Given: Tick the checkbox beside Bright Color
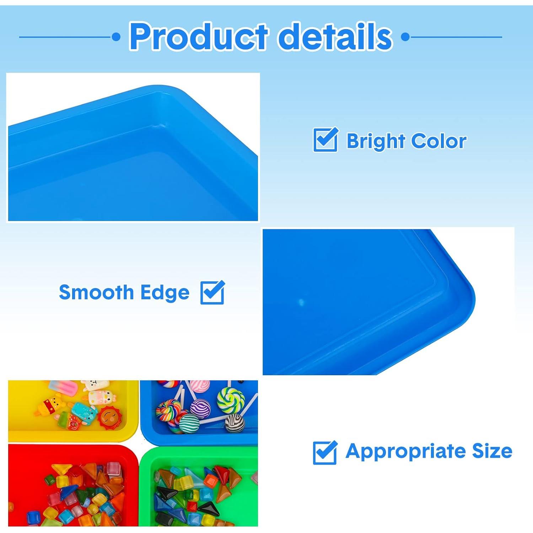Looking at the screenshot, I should pos(325,140).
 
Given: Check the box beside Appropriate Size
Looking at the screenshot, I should pos(325,452).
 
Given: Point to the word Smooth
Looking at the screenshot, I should pos(96,292).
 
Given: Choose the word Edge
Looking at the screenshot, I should pos(165,293).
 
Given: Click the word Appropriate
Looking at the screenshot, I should pos(405,452).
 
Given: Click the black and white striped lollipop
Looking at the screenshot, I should pos(234,422).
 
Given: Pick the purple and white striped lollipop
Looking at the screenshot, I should pos(201,409).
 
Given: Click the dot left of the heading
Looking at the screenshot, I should pos(116,37).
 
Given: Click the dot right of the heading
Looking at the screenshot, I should pos(405,37).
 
